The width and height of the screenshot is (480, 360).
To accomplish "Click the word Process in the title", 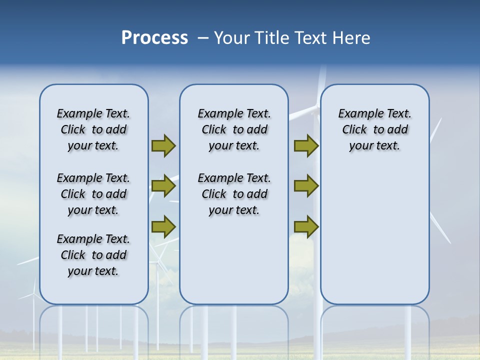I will (154, 37).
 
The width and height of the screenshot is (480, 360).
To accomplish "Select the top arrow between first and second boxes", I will (163, 145).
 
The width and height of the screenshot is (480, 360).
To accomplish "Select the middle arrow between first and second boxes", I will (163, 186).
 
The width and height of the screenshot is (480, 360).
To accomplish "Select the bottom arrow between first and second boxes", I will (163, 226).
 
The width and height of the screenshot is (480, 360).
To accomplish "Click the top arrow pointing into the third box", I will (306, 145).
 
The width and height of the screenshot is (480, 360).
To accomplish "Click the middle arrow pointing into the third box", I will (306, 186).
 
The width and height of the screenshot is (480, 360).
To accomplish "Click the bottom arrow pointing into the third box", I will (306, 226).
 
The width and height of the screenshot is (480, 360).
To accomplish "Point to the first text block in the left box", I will (93, 129).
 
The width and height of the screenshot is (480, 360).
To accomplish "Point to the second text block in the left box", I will (93, 194).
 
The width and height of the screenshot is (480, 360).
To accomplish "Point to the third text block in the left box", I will (93, 255).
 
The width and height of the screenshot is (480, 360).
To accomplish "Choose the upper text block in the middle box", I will (234, 129).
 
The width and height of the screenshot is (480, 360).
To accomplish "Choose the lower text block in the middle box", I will (234, 194).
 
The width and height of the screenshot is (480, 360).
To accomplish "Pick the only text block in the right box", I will (374, 129).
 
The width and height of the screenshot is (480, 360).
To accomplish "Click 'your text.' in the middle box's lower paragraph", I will (234, 210).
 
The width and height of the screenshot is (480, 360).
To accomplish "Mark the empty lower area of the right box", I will (374, 235).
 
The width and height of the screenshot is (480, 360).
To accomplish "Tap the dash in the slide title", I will (203, 37).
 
